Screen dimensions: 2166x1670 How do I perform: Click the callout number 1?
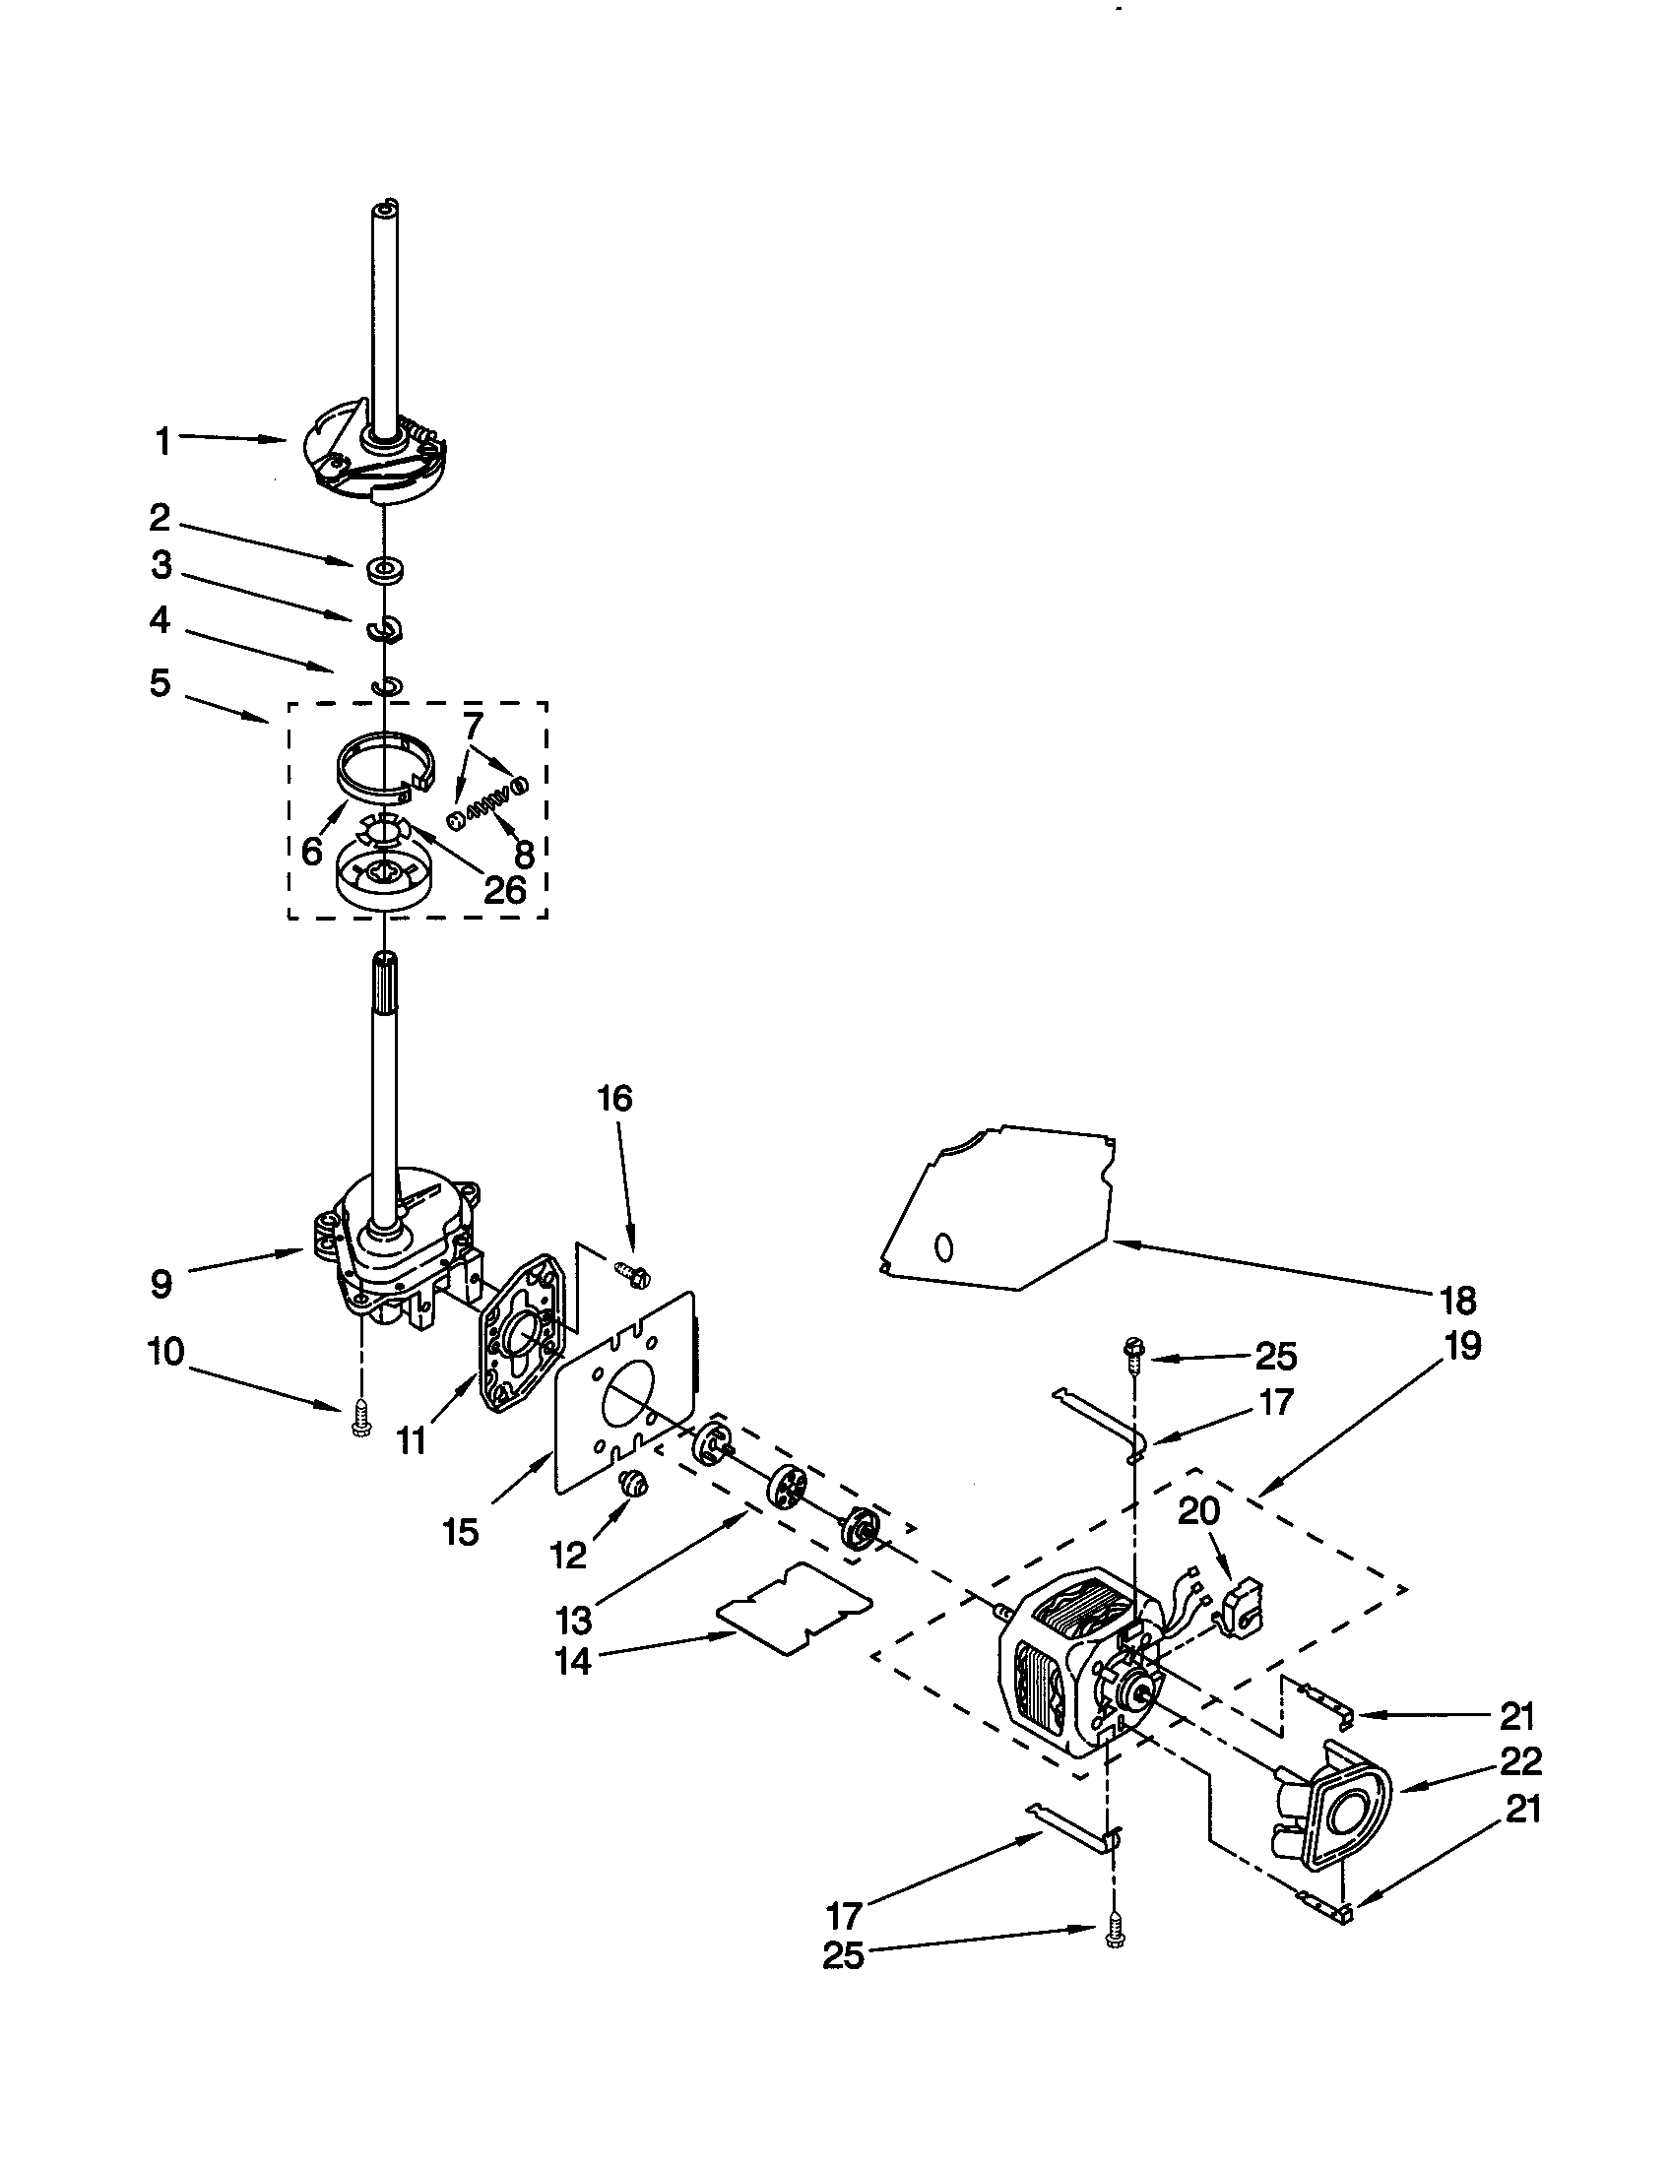tap(162, 441)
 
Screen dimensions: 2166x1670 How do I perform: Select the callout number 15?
tap(462, 1531)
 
